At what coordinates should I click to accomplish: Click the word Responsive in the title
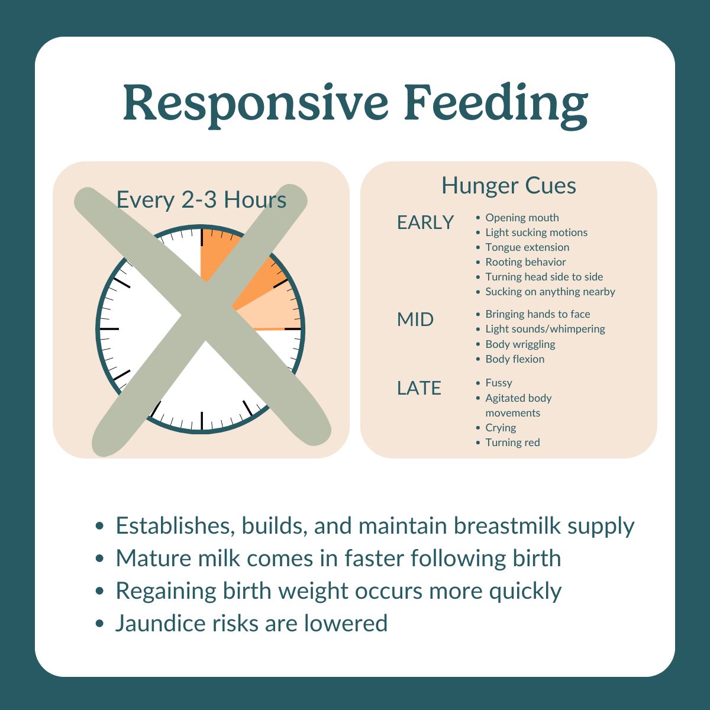tap(256, 104)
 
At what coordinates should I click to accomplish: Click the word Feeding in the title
tap(496, 104)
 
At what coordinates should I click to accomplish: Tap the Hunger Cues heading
tap(508, 186)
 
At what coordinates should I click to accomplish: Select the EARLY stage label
tap(425, 222)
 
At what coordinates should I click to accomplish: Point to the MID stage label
tap(415, 319)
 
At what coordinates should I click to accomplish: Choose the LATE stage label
tap(419, 388)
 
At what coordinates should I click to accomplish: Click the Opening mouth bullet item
tap(522, 218)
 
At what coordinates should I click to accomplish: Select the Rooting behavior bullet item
tap(525, 262)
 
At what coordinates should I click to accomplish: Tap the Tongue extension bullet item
tap(527, 247)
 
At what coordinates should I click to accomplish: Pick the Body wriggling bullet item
tap(520, 344)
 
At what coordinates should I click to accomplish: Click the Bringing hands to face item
tap(537, 314)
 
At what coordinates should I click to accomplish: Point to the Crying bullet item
tap(501, 428)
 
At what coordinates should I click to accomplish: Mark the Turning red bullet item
tap(512, 443)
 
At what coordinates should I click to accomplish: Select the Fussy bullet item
tap(499, 383)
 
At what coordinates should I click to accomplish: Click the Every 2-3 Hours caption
tap(201, 200)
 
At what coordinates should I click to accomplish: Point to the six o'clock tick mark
tap(202, 420)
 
